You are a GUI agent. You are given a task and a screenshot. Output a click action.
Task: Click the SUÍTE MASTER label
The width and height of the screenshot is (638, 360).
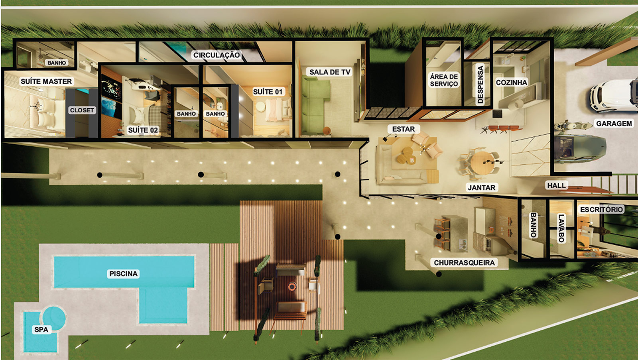(x=46, y=81)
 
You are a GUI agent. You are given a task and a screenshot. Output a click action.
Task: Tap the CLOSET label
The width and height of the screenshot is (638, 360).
(x=82, y=110)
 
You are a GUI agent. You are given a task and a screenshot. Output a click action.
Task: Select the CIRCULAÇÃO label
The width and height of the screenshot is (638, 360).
(x=217, y=55)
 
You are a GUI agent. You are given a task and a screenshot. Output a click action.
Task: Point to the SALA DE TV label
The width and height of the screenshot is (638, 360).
(x=329, y=72)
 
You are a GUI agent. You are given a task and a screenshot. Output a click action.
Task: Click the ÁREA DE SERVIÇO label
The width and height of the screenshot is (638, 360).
(x=444, y=80)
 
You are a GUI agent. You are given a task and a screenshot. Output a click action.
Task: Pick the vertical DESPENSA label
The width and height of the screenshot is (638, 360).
(x=480, y=84)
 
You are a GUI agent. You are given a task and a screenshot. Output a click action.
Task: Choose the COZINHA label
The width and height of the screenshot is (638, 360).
(x=511, y=83)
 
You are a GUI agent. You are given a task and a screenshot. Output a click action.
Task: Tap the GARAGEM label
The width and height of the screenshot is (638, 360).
(x=614, y=124)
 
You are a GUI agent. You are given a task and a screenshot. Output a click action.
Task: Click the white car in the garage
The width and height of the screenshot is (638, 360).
(x=614, y=95)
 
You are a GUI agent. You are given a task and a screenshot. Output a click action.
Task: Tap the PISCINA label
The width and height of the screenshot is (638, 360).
(x=123, y=274)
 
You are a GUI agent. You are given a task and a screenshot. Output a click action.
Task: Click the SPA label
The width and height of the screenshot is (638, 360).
(x=41, y=330)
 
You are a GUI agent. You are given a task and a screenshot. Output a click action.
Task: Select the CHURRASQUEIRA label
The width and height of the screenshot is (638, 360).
(x=464, y=263)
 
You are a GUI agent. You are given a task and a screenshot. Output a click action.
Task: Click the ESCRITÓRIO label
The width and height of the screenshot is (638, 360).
(x=602, y=209)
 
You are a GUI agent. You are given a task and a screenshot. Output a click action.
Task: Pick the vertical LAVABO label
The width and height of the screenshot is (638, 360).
(x=561, y=228)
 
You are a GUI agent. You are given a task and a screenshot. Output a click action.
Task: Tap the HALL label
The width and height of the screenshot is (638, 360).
(x=557, y=185)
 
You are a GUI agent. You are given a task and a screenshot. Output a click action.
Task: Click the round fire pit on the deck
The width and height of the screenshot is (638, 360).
(x=292, y=286)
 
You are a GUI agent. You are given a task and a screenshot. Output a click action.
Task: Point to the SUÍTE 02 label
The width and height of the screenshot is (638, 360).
(x=143, y=130)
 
